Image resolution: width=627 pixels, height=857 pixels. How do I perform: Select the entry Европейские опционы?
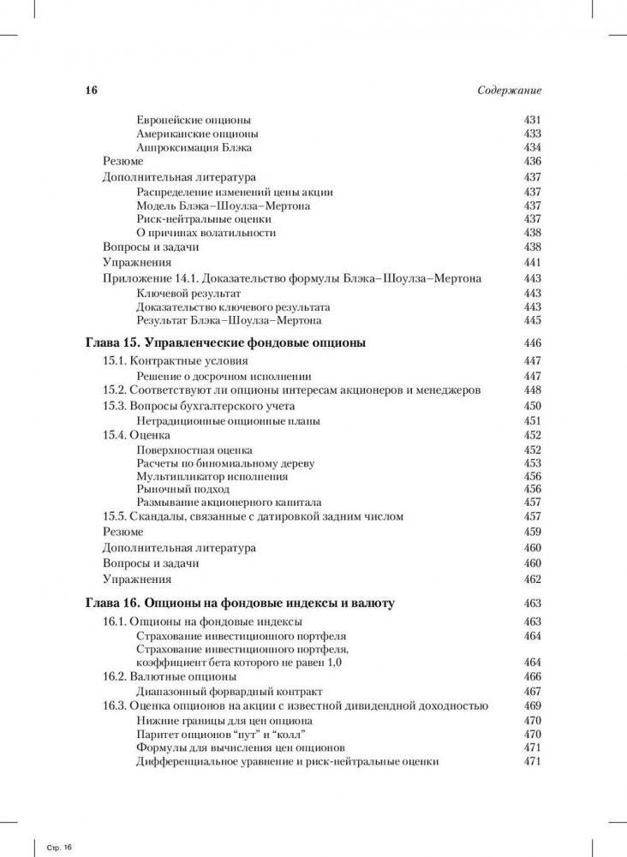point(193,121)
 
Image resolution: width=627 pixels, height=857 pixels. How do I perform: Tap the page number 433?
point(532,134)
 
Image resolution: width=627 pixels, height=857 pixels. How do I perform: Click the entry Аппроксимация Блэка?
point(194,148)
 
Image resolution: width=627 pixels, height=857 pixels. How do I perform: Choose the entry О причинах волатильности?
point(206,233)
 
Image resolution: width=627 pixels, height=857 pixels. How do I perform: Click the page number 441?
point(532,263)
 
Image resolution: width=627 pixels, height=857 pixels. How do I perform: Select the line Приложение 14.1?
point(291,278)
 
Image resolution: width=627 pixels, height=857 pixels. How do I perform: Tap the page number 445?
point(532,321)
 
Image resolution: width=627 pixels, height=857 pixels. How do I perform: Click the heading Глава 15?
point(225,342)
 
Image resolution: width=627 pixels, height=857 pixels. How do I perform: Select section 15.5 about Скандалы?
point(253,516)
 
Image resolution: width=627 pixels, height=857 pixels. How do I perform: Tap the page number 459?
point(532,532)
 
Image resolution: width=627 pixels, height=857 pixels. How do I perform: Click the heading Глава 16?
point(240,603)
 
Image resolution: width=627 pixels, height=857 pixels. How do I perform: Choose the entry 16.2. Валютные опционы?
point(170,676)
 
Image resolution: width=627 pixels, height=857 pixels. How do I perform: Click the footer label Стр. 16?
point(57,847)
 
